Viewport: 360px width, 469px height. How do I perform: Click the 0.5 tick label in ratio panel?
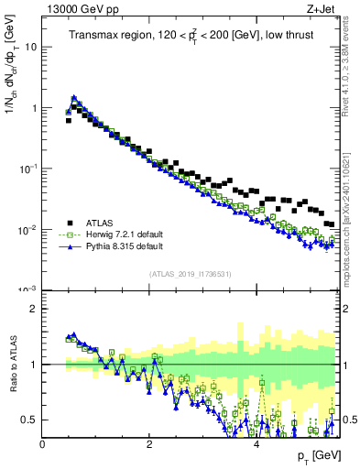click(28, 420)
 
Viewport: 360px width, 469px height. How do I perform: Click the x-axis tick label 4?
click(256, 444)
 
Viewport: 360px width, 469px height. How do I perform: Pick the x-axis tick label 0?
click(42, 444)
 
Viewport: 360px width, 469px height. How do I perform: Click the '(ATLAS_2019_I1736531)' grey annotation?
click(190, 274)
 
